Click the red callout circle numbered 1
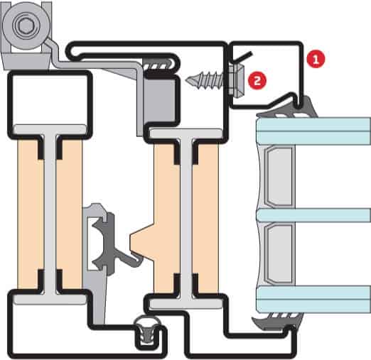pos(316,58)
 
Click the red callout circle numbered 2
pos(257,80)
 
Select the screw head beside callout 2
pos(235,81)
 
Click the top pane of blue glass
pos(313,131)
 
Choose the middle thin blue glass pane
pos(313,215)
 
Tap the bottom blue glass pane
pos(313,299)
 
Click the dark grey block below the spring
pos(159,99)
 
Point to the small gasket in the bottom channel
pos(147,329)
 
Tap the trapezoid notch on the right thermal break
pos(142,241)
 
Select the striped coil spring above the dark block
pos(158,65)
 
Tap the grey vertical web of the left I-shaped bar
pos(50,214)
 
